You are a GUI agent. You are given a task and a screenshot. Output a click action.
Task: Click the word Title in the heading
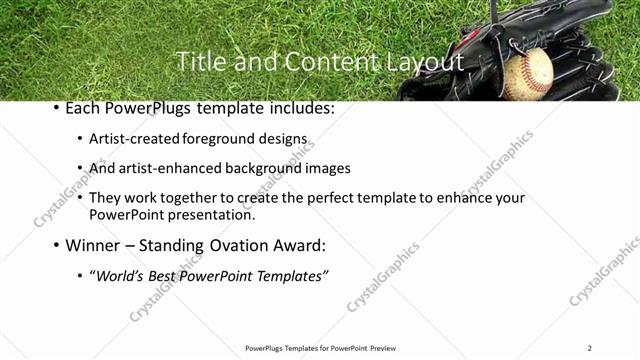coord(199,62)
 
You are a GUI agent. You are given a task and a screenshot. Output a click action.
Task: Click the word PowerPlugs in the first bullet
coord(145,108)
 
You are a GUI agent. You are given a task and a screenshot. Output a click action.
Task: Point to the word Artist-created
coord(134,141)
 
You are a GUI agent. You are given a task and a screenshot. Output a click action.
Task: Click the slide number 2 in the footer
coord(590,348)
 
